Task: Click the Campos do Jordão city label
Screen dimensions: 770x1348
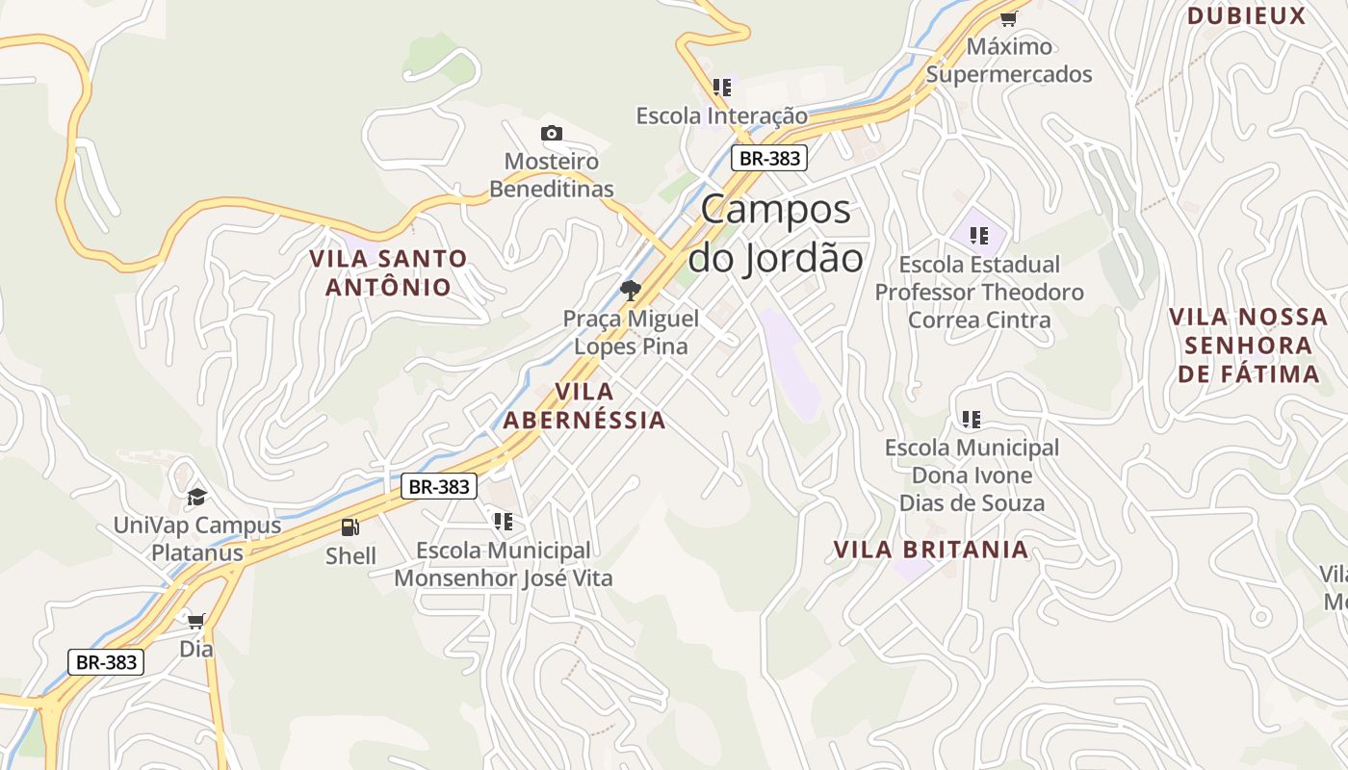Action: [775, 233]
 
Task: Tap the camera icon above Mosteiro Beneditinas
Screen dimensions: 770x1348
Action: [552, 134]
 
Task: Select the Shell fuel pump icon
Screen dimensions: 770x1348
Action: [350, 526]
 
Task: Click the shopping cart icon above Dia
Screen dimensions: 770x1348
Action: [196, 621]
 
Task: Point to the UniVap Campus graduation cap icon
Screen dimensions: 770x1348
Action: [197, 497]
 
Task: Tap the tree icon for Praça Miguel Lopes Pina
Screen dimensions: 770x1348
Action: [631, 290]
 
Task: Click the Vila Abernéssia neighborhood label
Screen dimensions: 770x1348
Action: [584, 405]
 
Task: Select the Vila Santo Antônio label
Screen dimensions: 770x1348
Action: [388, 272]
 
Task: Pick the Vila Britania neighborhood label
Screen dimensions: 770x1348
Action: [930, 550]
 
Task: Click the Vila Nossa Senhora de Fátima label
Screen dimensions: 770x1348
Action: [1248, 346]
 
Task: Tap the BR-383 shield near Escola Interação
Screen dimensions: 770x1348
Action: [768, 159]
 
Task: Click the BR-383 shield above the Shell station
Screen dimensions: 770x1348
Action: [439, 486]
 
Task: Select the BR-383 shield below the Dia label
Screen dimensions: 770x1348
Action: [106, 662]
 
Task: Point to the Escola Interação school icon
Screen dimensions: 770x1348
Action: [722, 88]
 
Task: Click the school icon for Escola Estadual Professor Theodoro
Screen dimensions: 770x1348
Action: [979, 236]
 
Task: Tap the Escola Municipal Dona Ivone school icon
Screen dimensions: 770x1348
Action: [972, 419]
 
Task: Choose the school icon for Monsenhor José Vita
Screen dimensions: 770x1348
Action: [503, 522]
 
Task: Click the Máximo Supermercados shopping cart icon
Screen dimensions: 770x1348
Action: [1009, 17]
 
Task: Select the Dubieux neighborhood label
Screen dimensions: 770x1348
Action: [1246, 15]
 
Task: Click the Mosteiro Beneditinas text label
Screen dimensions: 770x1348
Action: [552, 175]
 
